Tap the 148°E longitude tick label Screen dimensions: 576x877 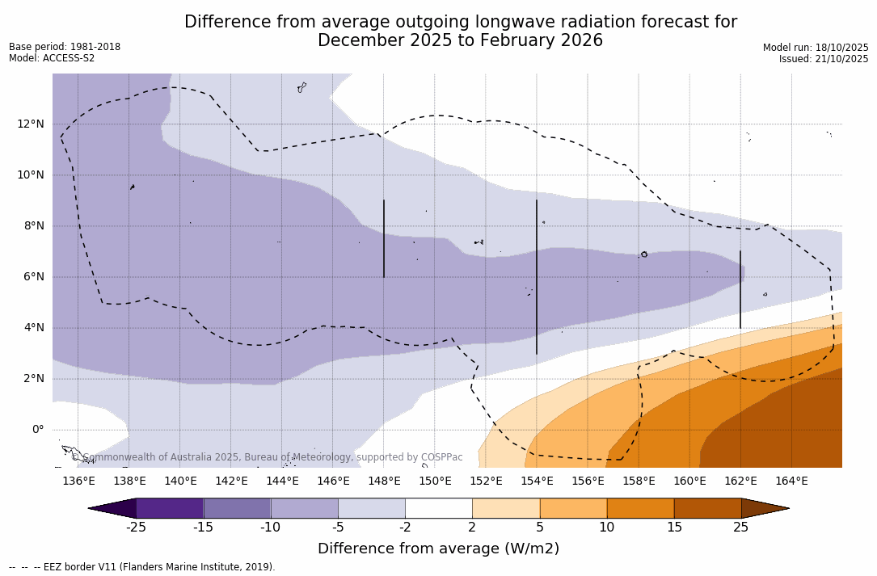pos(384,481)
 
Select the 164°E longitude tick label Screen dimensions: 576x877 pos(791,481)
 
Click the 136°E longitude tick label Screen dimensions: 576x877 pos(78,481)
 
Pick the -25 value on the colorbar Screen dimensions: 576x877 pos(136,528)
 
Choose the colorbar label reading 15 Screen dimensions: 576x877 pos(673,528)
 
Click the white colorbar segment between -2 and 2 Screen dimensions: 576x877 pos(438,508)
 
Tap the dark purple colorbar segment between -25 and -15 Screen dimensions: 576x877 pos(170,508)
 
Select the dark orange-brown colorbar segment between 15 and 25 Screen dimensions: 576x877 pos(707,508)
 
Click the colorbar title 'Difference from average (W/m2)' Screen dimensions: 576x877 pos(438,549)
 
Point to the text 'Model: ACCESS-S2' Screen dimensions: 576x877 pos(52,58)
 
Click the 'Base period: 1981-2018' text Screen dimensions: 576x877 pos(65,47)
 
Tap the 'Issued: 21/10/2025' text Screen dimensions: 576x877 pos(824,59)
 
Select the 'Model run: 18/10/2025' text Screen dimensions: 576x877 pos(816,48)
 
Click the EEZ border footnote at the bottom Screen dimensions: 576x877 pos(141,567)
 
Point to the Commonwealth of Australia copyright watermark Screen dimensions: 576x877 pos(268,457)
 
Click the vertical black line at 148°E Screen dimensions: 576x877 pos(384,238)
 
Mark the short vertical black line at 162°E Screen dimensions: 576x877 pos(740,289)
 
